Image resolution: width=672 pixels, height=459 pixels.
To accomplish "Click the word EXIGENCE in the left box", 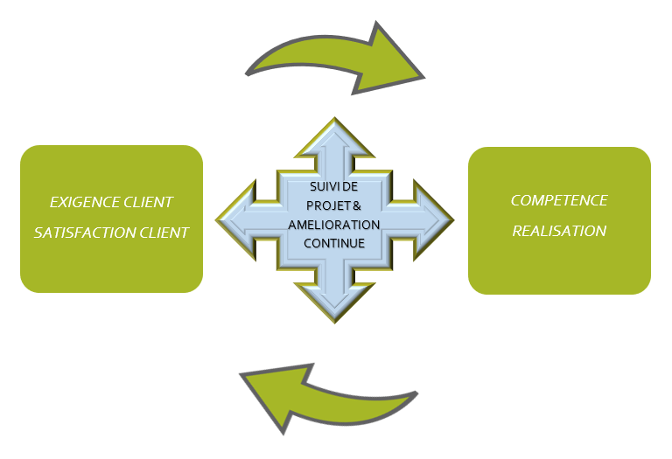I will click(80, 203).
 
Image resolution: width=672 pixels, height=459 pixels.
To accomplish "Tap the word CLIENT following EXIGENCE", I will click(148, 203).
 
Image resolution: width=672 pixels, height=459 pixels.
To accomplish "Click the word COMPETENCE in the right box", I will click(559, 200).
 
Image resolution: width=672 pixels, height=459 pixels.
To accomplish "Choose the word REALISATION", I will click(559, 232).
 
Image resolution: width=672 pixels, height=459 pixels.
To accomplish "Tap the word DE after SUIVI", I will click(352, 188).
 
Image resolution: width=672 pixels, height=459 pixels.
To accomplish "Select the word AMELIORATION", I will click(334, 225).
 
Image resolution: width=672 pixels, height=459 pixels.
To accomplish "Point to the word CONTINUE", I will click(334, 242).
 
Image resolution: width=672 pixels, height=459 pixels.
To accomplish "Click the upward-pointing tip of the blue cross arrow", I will click(334, 122).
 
